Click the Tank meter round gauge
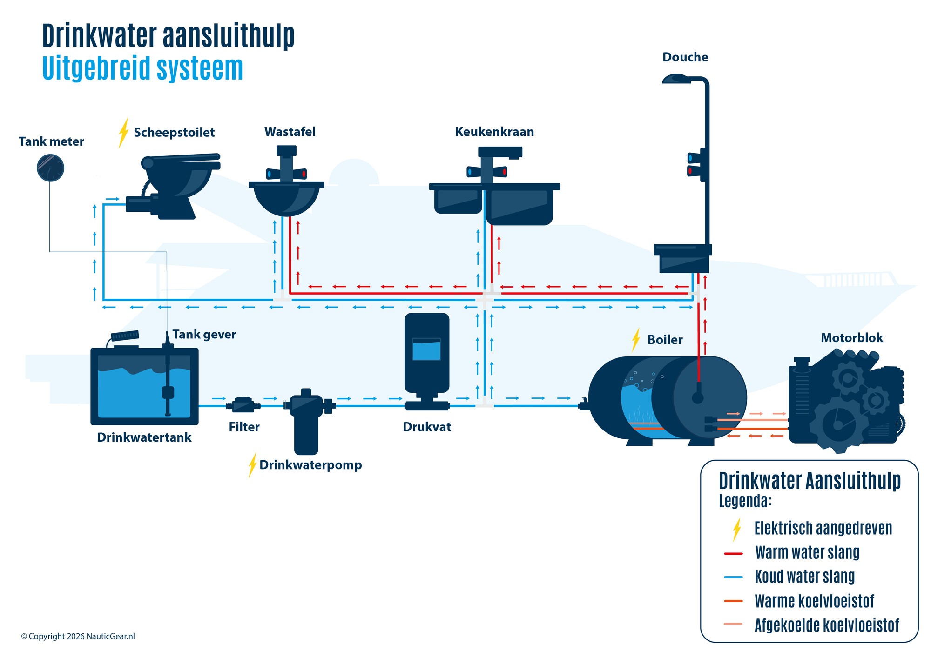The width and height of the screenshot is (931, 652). (50, 168)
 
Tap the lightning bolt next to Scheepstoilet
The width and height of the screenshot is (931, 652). (123, 133)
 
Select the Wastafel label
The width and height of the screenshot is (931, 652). (290, 132)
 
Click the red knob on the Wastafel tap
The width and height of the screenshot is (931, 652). (303, 174)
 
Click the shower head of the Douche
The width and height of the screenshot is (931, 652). (676, 79)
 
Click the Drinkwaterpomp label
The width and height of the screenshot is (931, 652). (310, 465)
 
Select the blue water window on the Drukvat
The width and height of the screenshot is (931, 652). (426, 350)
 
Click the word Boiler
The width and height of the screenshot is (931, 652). (665, 340)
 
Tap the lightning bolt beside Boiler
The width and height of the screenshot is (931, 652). (636, 340)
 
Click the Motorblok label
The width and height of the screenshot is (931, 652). (851, 338)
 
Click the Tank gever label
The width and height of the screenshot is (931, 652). (204, 335)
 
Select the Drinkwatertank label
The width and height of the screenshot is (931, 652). (144, 437)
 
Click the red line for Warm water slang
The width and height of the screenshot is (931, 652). (733, 553)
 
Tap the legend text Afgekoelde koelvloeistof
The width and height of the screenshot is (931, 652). (826, 625)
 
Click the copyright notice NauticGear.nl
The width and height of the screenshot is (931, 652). (78, 636)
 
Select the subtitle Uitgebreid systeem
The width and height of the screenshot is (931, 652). (142, 68)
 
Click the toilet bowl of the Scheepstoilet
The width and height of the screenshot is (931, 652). (179, 181)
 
